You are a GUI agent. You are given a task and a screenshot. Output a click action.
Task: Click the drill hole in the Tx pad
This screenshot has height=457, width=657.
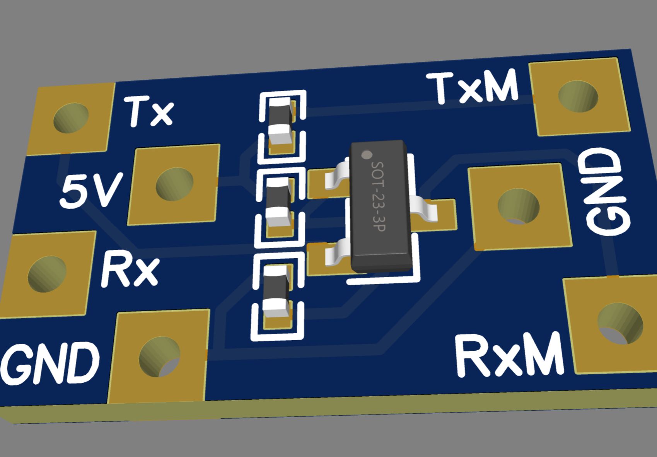(x=71, y=117)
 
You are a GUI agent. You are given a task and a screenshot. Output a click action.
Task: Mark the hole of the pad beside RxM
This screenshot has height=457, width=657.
(x=620, y=323)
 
